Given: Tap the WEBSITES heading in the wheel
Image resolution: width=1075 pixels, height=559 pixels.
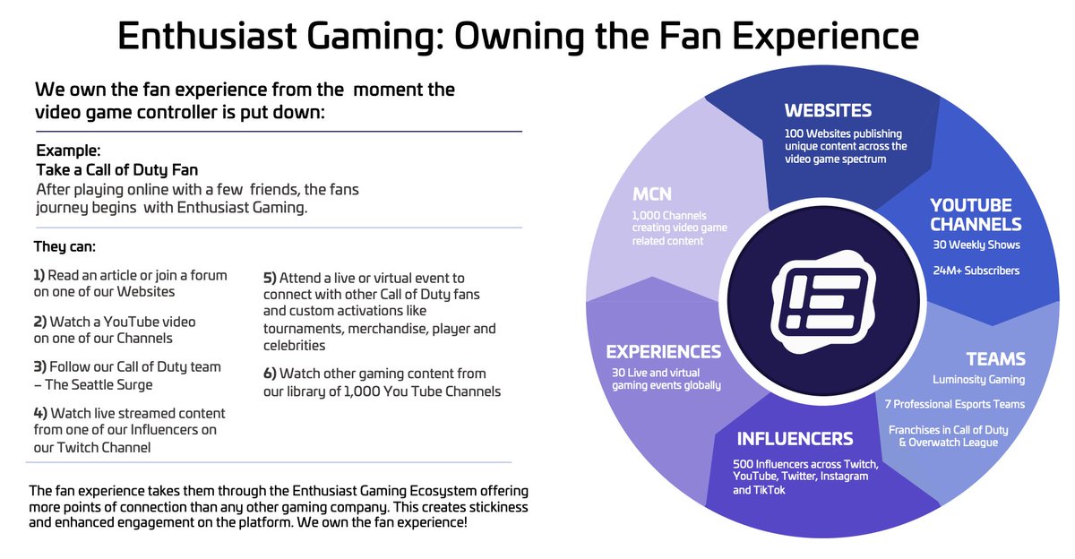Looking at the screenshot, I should (828, 111).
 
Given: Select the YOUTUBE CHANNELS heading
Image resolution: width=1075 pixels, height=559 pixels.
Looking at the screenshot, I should (976, 215).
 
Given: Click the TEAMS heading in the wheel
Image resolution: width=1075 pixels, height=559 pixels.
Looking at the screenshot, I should (995, 359).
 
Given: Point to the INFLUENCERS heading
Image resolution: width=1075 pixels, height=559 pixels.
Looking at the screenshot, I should (795, 439).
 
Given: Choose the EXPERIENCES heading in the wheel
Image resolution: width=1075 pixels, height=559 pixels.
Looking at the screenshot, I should (663, 352).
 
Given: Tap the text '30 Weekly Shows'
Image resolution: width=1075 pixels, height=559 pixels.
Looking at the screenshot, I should (975, 245).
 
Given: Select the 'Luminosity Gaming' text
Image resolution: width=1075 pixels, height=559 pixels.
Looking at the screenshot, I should (978, 380).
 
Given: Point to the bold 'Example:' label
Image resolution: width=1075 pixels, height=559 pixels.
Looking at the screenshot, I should (68, 150).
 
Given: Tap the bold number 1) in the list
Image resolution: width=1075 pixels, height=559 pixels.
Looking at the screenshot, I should (39, 275).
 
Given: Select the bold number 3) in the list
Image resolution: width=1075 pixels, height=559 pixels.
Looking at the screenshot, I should (39, 367).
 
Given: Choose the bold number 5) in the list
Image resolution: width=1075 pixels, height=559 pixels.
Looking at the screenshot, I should (270, 279).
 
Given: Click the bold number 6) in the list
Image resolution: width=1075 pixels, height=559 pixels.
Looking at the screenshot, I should (270, 374).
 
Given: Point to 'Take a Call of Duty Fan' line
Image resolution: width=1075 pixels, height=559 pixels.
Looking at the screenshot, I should (116, 168).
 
